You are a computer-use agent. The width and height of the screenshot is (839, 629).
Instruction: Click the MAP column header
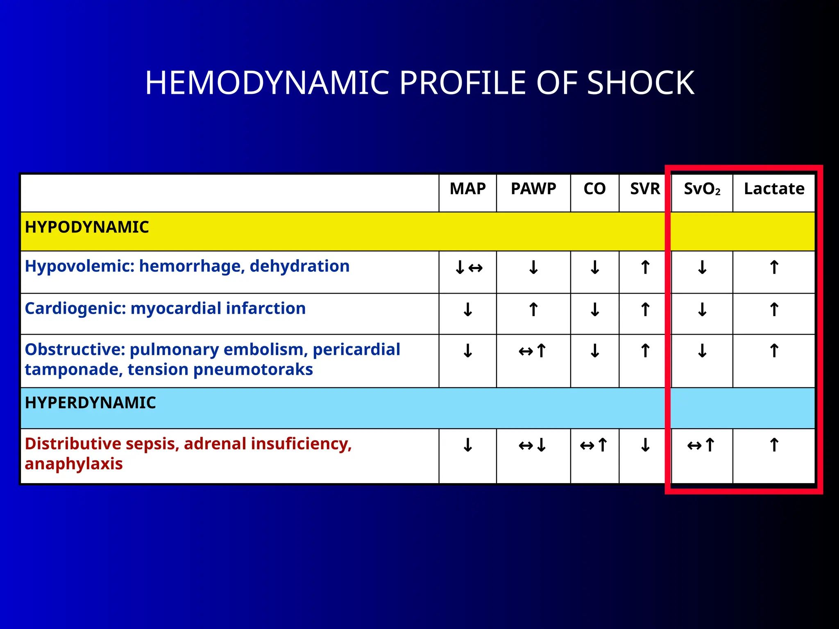click(467, 189)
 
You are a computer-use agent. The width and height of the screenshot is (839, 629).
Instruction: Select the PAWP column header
click(533, 189)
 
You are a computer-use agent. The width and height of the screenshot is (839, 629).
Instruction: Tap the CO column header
click(594, 189)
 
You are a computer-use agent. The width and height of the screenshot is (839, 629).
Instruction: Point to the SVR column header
click(645, 189)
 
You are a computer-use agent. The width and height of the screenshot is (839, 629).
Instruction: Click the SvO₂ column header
click(702, 189)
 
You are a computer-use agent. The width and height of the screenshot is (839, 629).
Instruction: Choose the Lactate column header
click(774, 189)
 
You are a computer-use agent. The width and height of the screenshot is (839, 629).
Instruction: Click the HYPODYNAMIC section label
click(87, 227)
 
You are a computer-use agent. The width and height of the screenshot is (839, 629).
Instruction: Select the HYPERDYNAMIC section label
click(90, 403)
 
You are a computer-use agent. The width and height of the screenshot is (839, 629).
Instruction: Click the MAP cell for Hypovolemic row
click(468, 268)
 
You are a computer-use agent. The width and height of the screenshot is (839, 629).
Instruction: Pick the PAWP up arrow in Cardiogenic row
click(533, 310)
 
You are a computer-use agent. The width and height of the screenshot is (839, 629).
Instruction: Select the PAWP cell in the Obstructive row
click(533, 351)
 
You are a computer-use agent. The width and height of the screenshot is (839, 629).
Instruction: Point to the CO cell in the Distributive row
click(594, 445)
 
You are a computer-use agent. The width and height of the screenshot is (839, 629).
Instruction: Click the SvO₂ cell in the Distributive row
click(701, 445)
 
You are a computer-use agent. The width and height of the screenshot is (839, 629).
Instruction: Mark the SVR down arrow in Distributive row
click(645, 445)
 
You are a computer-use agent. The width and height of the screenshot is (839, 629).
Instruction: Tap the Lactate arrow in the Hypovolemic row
click(774, 268)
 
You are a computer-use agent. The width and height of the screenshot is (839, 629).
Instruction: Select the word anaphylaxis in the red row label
click(74, 464)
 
